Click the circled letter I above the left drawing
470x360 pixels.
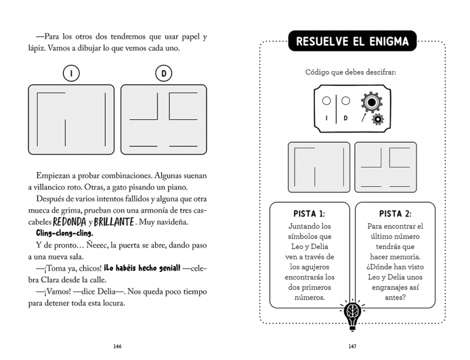[71, 73]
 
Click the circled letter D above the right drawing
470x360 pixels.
[164, 73]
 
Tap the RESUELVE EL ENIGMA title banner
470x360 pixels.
[352, 41]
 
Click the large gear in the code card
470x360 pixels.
[372, 102]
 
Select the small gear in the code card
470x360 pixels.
[378, 119]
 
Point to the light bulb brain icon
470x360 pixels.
[352, 315]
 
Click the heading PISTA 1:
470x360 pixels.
[310, 214]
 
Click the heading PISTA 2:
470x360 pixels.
[395, 214]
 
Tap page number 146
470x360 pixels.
[117, 346]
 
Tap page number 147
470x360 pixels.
[352, 346]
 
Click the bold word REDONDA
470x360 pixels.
[69, 222]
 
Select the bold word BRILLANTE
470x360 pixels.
[114, 222]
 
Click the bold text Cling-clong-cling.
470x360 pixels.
[65, 233]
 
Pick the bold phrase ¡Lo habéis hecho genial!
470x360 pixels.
[142, 268]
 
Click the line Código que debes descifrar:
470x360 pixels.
[350, 72]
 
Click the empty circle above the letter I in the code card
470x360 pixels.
[327, 100]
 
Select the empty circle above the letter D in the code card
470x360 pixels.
[345, 100]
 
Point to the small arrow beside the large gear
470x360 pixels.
[364, 117]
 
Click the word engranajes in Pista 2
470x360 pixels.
[391, 288]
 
